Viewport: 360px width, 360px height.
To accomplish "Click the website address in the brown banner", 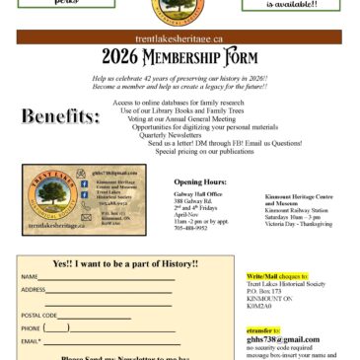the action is (180, 36).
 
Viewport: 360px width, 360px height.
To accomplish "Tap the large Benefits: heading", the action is (61, 117).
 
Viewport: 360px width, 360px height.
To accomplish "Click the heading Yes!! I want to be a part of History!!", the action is (125, 263).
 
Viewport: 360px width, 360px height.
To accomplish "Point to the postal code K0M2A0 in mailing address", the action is (258, 307).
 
